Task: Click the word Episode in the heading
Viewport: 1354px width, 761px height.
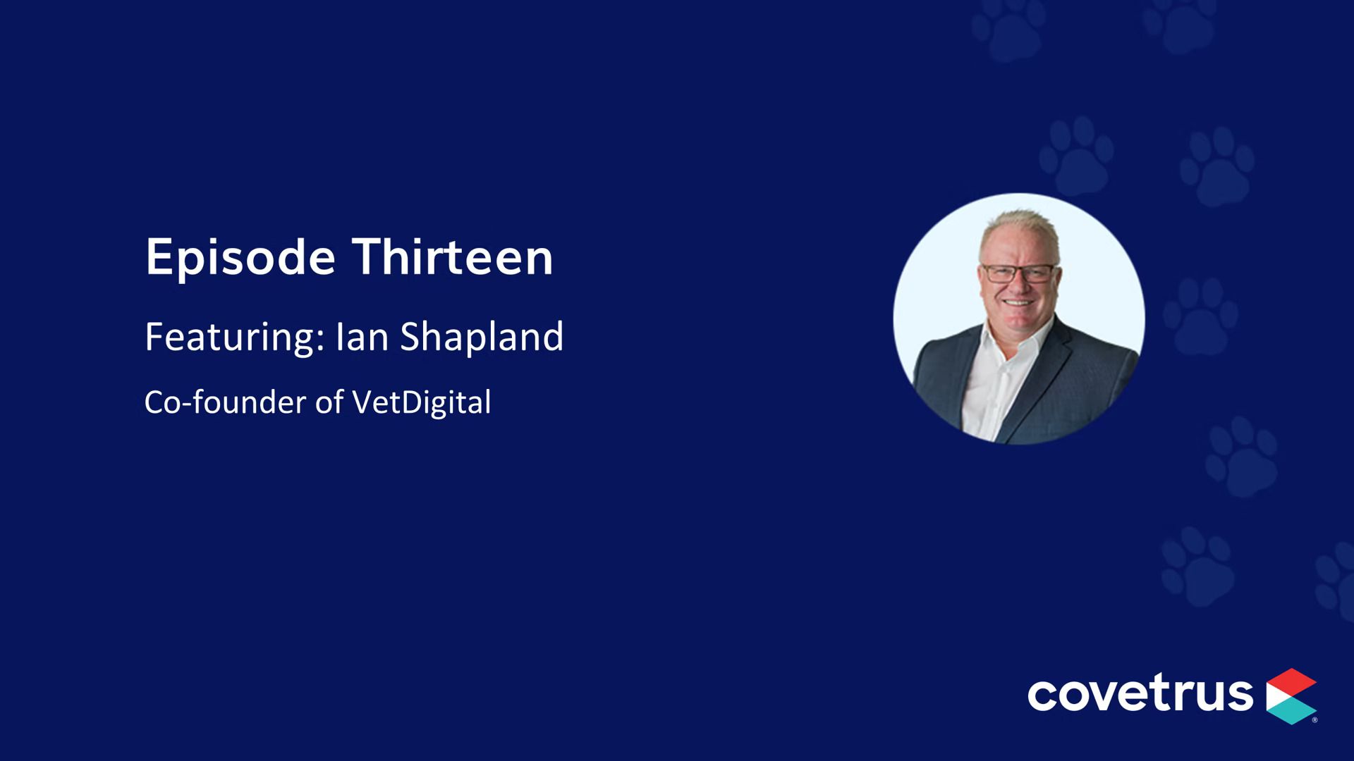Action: tap(240, 259)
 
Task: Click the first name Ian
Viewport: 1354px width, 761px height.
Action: tap(362, 337)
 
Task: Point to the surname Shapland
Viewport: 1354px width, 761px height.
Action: tap(482, 337)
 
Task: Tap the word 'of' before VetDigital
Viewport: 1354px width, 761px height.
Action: tap(329, 402)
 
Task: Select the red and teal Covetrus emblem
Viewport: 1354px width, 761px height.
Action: tap(1292, 695)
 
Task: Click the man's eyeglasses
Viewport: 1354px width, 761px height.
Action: tap(1019, 273)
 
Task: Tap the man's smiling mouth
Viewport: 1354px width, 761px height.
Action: tap(1018, 303)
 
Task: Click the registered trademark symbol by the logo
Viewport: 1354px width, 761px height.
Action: tap(1315, 720)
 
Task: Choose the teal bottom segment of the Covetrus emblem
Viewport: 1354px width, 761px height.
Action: tap(1293, 712)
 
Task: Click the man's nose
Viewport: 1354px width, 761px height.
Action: tap(1017, 285)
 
